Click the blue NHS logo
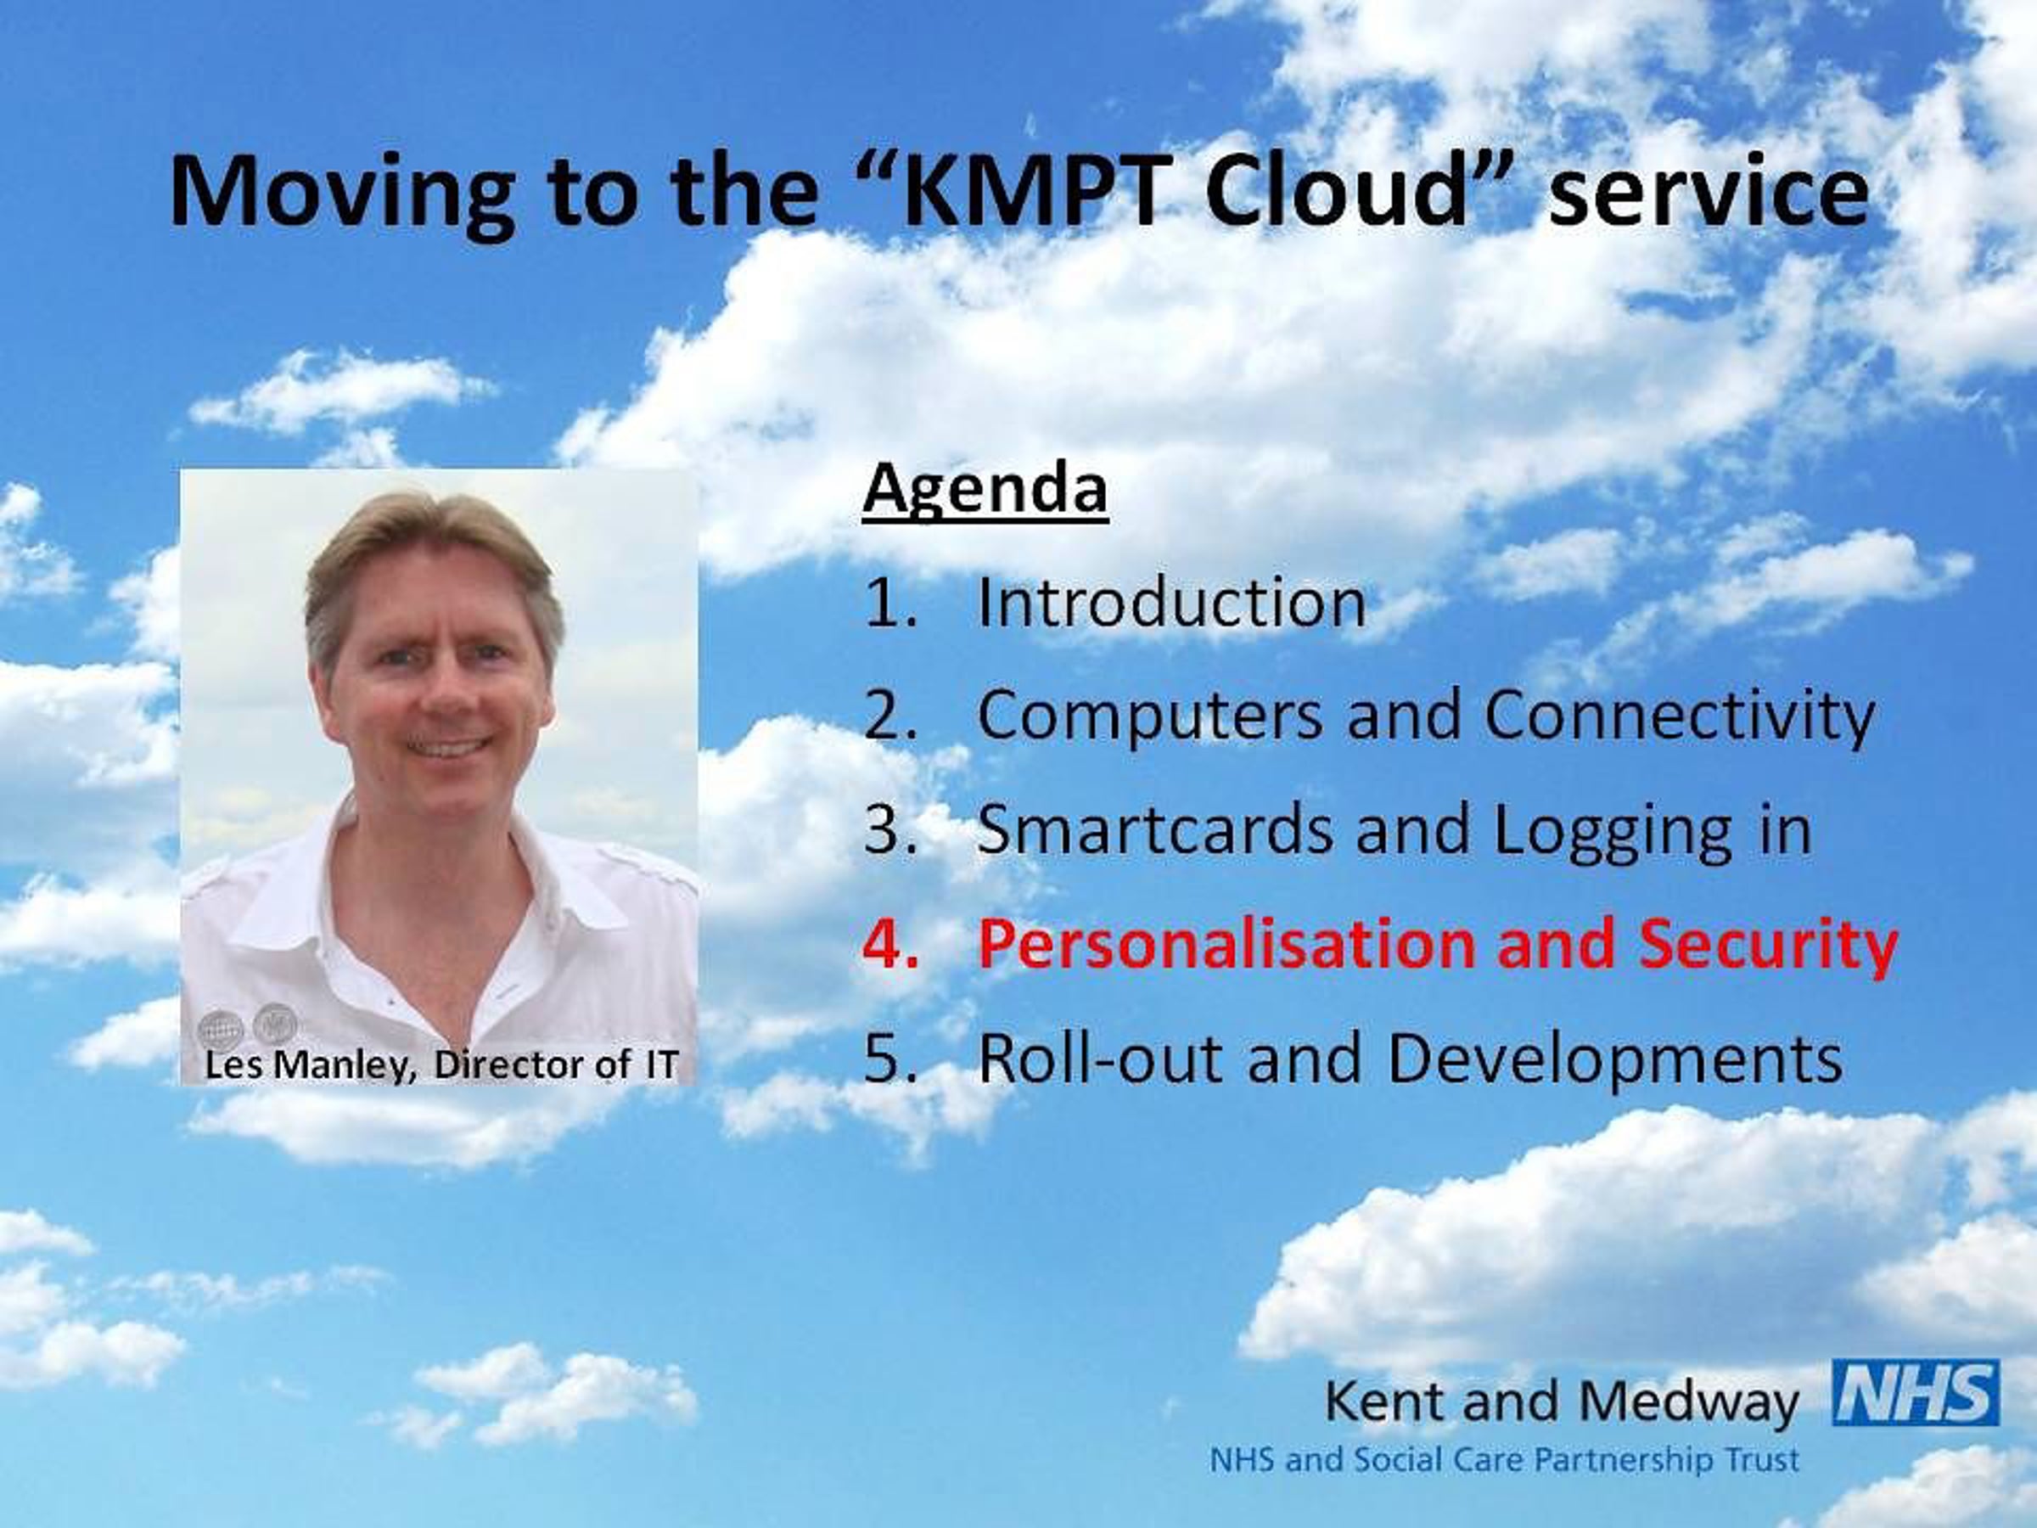point(1916,1393)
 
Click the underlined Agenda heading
point(985,489)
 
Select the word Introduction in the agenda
point(1171,604)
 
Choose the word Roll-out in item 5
point(1102,1059)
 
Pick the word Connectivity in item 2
point(1680,716)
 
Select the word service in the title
point(1709,193)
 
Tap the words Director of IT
point(555,1065)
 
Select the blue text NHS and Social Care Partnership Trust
point(1504,1461)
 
